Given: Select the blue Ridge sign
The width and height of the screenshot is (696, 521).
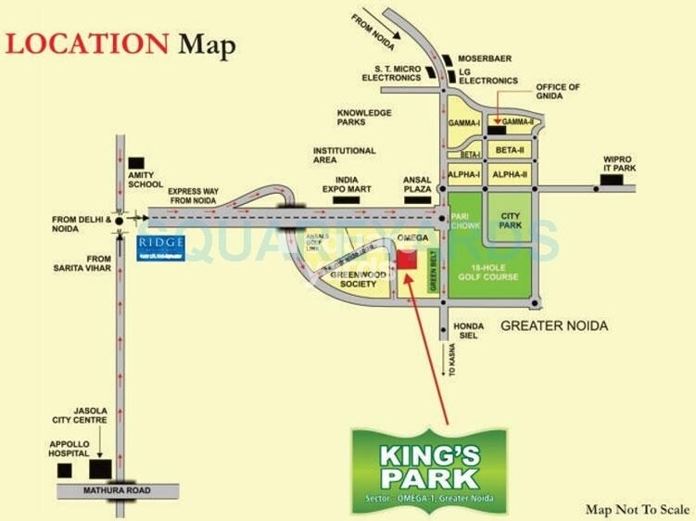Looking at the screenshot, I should click(160, 248).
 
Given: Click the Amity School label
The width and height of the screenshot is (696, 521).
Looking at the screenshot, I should click(146, 180).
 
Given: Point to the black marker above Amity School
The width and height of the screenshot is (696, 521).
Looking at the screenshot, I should click(136, 162).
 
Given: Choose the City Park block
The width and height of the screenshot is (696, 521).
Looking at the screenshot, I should click(511, 221).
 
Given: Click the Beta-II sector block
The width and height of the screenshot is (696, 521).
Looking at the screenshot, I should click(510, 149).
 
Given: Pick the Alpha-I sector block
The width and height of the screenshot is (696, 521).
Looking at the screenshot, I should click(464, 174).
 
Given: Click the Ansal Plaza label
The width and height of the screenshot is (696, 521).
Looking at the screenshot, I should click(418, 184).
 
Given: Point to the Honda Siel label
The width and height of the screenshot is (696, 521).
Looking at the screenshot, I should click(466, 332).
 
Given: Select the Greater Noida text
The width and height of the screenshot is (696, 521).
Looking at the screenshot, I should click(554, 325).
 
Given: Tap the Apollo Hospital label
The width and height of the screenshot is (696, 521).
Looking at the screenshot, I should click(70, 450).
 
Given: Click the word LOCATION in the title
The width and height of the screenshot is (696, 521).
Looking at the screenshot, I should click(88, 44).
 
